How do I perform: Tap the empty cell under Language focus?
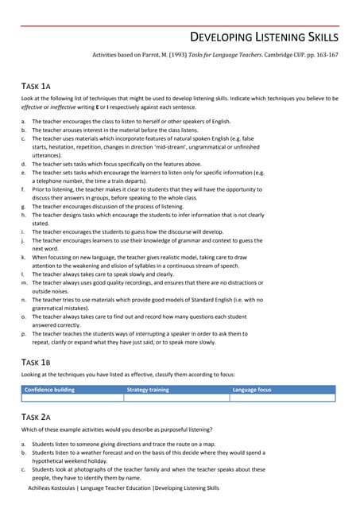(282, 398)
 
